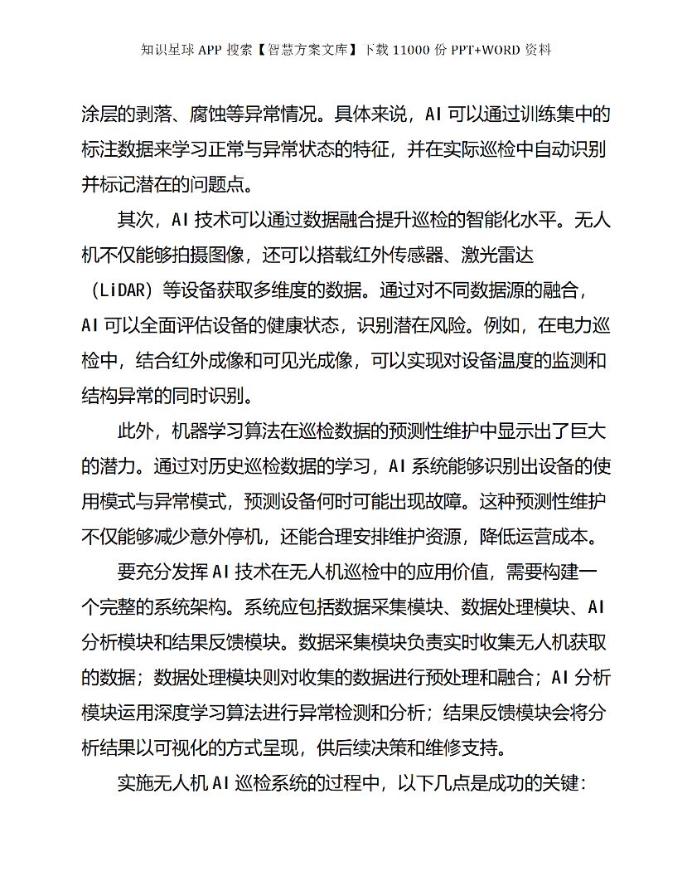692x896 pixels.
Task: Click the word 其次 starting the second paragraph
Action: [135, 221]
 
